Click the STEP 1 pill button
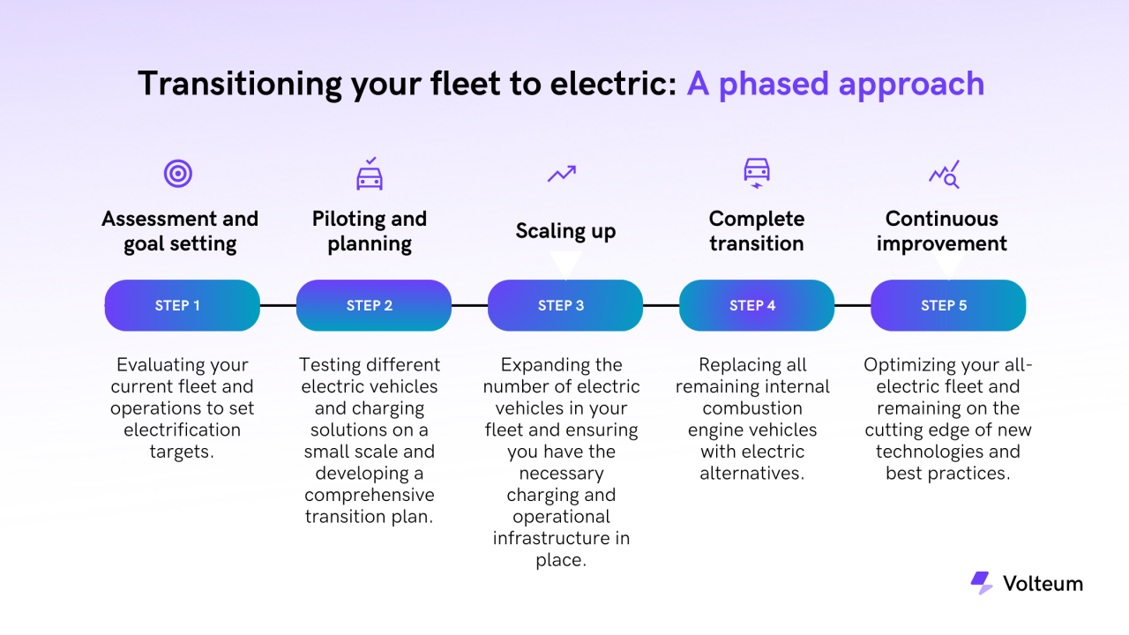tap(182, 305)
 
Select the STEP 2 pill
tap(373, 305)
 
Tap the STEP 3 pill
tap(564, 305)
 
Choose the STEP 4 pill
tap(756, 305)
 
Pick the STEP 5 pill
tap(947, 305)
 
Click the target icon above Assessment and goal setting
tap(178, 174)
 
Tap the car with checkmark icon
tap(370, 174)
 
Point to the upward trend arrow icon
tap(561, 174)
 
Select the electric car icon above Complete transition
tap(756, 172)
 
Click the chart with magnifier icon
tap(944, 174)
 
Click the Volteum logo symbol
tap(981, 583)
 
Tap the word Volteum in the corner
tap(1043, 584)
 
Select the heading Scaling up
tap(565, 231)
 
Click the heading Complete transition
tap(756, 231)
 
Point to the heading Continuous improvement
tap(942, 231)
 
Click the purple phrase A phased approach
tap(835, 84)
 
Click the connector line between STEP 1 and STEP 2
tap(278, 305)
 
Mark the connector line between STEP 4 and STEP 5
tap(852, 305)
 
